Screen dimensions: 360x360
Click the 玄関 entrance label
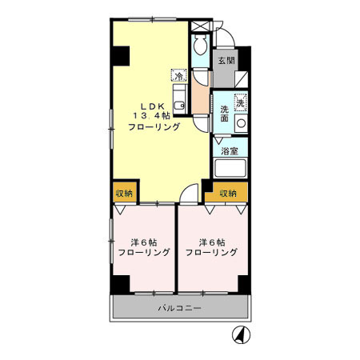pyautogui.click(x=225, y=60)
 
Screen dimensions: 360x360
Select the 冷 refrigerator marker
pyautogui.click(x=179, y=76)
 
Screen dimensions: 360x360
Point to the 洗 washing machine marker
pyautogui.click(x=239, y=102)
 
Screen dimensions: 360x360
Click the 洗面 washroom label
pyautogui.click(x=226, y=114)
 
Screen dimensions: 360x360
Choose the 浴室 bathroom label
pyautogui.click(x=230, y=150)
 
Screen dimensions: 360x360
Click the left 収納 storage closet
pyautogui.click(x=122, y=194)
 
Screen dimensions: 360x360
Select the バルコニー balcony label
pyautogui.click(x=179, y=308)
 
